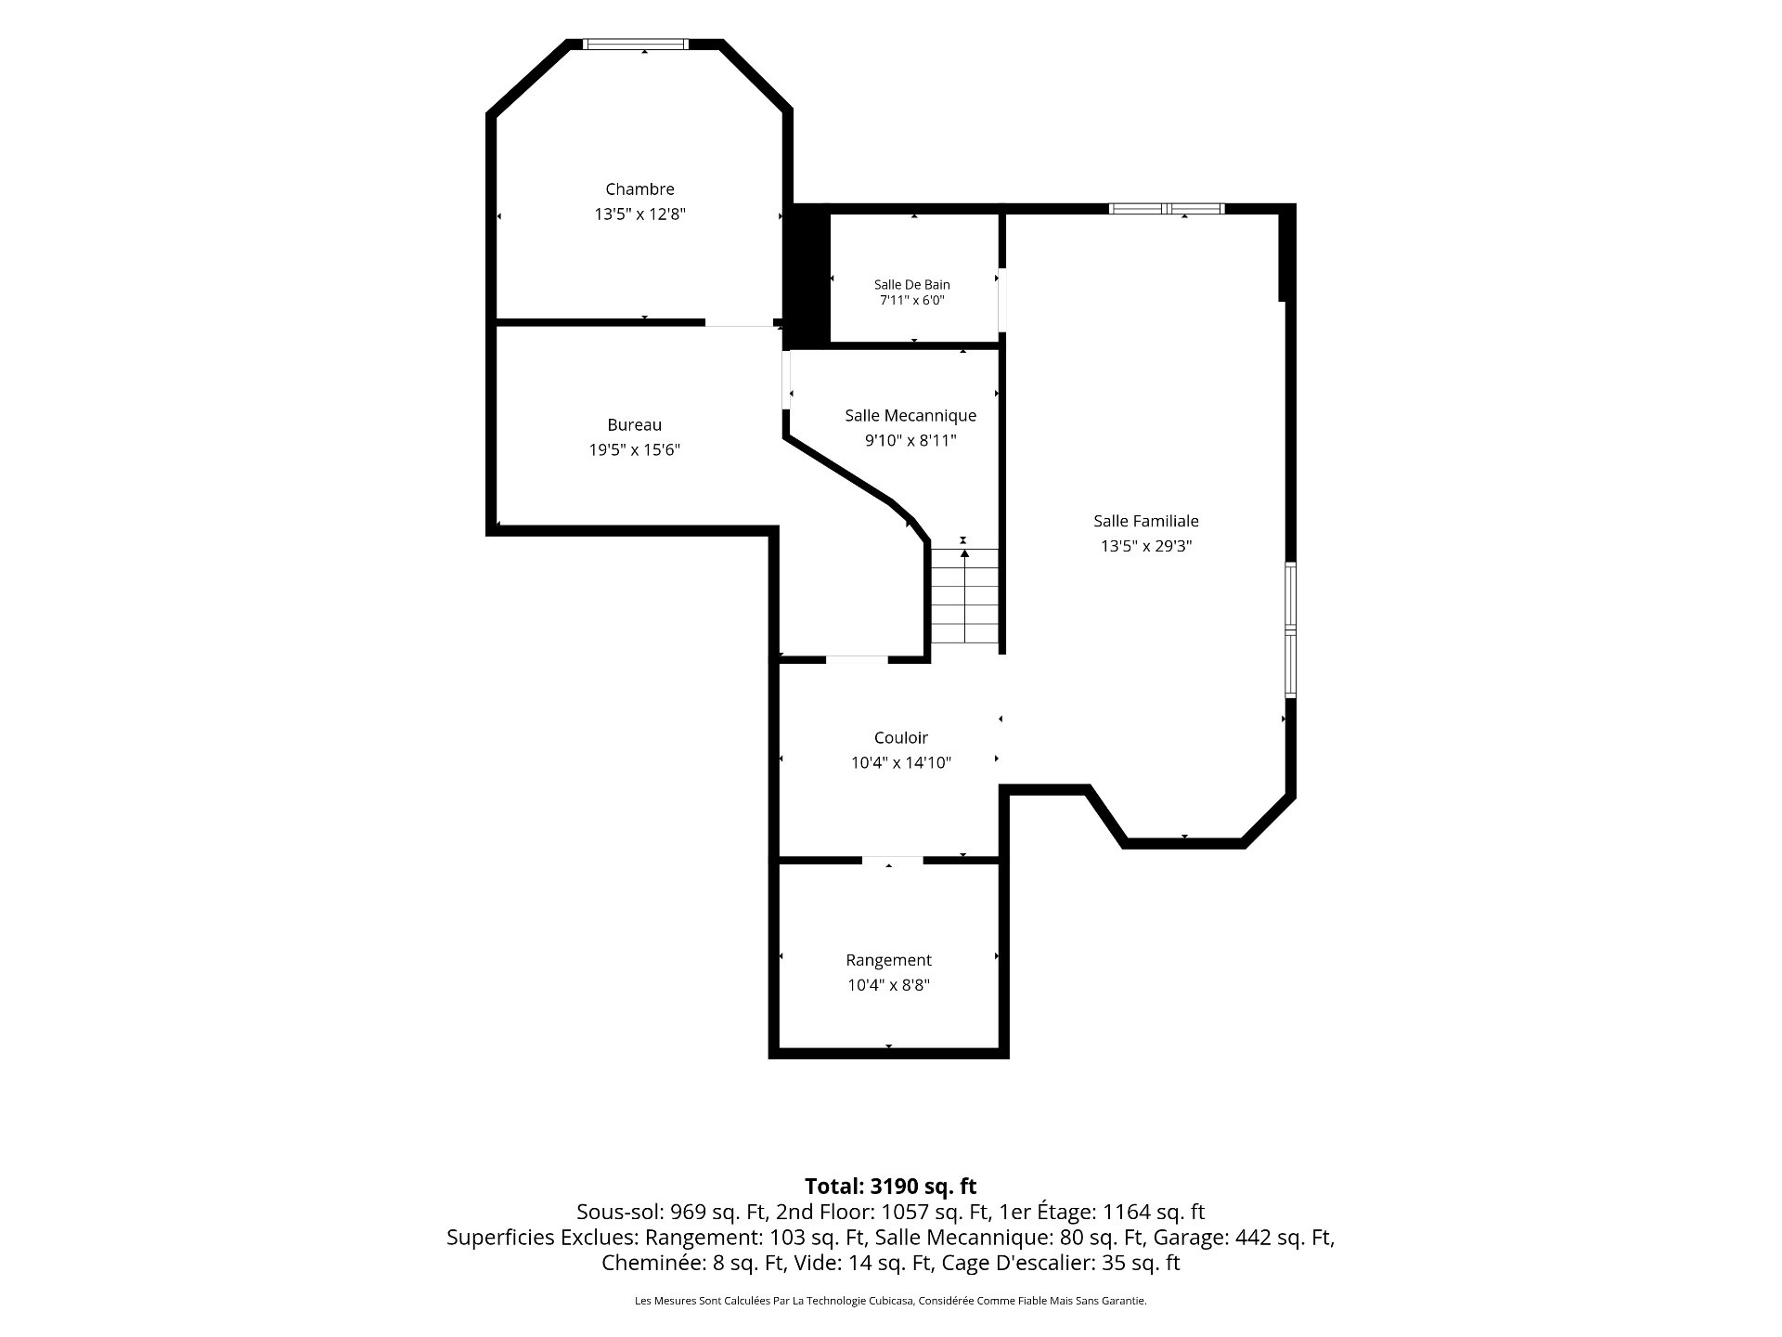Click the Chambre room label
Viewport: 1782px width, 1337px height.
639,189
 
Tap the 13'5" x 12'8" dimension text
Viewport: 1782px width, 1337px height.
639,214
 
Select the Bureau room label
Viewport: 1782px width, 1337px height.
635,425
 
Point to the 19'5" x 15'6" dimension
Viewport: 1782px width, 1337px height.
635,450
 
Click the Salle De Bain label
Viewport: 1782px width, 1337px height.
912,284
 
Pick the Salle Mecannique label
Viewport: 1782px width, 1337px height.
910,416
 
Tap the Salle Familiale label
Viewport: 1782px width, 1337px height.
1146,522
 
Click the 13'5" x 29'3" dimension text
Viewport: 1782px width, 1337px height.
1146,547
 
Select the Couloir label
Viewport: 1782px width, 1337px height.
901,738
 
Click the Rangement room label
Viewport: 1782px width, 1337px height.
888,960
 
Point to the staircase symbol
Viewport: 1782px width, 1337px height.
965,596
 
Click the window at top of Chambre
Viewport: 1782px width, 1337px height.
636,44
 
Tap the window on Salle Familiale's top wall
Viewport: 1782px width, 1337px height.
1167,209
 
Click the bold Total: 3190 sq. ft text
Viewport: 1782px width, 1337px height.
891,1186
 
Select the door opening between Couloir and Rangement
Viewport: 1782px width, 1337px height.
893,861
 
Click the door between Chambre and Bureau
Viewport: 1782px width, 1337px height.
740,322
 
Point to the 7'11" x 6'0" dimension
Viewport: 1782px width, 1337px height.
912,300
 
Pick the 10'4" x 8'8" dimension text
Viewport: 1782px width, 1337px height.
888,985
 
